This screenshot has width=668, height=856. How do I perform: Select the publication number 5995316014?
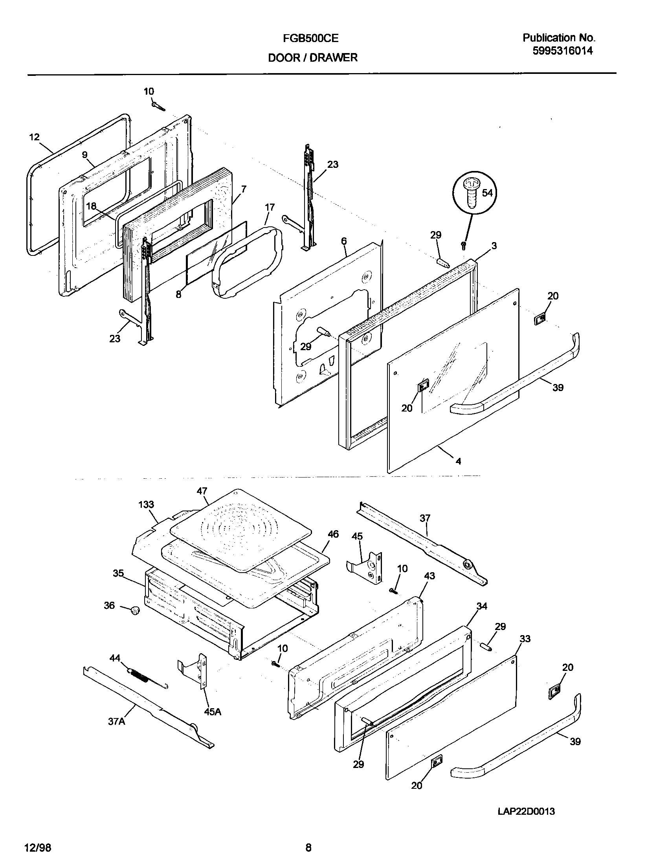(x=562, y=51)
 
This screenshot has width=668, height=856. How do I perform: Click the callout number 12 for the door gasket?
(x=35, y=137)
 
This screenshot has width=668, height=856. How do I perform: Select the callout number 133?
(x=146, y=505)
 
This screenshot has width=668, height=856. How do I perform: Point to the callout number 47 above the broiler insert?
(x=202, y=491)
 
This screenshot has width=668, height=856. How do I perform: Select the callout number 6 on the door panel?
(x=344, y=241)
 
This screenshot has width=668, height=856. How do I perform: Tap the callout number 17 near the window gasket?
(x=270, y=208)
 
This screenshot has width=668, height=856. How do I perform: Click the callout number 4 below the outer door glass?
(x=458, y=461)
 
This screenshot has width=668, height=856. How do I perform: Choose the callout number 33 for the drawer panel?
(x=525, y=639)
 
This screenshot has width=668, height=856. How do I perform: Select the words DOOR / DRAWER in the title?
(x=313, y=58)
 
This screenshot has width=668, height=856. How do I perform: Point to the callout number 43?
(x=429, y=576)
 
